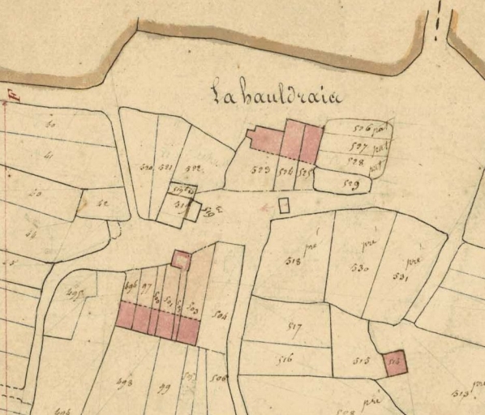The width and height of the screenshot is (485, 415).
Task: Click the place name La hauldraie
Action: pyautogui.click(x=276, y=95)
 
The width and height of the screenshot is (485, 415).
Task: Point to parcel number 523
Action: pyautogui.click(x=260, y=170)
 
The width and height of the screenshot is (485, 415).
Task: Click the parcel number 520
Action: pyautogui.click(x=147, y=168)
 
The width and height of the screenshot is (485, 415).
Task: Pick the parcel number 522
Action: pyautogui.click(x=193, y=168)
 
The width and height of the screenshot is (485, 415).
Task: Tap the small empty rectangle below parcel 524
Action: pyautogui.click(x=284, y=205)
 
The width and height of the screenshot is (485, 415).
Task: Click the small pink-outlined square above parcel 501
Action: pyautogui.click(x=182, y=260)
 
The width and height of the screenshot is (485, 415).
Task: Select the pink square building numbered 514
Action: pyautogui.click(x=394, y=362)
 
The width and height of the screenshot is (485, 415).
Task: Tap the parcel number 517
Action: pyautogui.click(x=294, y=328)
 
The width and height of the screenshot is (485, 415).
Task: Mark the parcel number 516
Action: pyautogui.click(x=285, y=359)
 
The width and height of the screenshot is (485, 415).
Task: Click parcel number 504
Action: pyautogui.click(x=218, y=315)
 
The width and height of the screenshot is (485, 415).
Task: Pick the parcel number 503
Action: pyautogui.click(x=193, y=308)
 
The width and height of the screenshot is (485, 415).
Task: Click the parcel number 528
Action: pyautogui.click(x=353, y=161)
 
